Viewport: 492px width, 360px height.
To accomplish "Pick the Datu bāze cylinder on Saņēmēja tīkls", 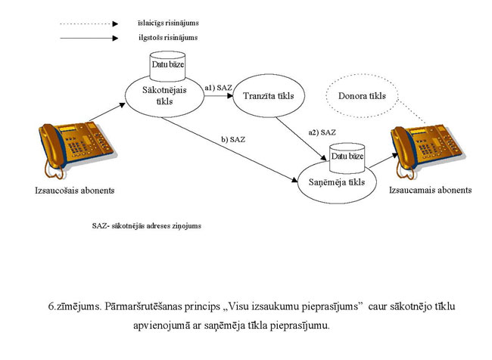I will click(347, 157).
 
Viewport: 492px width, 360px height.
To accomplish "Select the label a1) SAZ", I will click(218, 88).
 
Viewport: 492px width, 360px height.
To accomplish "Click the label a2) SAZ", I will click(321, 133).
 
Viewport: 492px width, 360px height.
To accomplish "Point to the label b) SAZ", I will click(233, 140).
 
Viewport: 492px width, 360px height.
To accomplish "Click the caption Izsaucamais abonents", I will click(431, 190).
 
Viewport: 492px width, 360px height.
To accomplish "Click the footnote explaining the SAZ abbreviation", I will click(159, 225).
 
